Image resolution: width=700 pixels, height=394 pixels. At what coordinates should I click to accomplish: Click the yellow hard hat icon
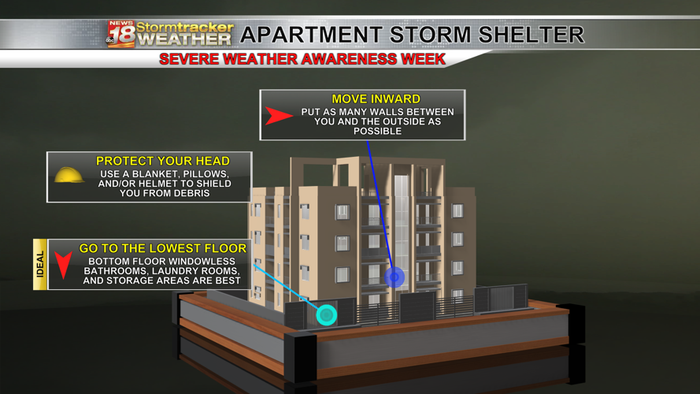tap(69, 176)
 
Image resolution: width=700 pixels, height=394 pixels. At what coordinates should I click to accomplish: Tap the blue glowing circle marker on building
tap(394, 277)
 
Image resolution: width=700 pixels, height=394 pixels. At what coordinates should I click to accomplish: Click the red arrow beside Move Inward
tap(278, 116)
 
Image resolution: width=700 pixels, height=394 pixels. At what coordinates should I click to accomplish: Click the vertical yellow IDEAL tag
tap(40, 264)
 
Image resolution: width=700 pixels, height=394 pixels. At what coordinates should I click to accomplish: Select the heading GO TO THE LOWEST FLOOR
tap(163, 248)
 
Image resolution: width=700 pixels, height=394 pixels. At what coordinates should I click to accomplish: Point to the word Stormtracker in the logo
tap(185, 27)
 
